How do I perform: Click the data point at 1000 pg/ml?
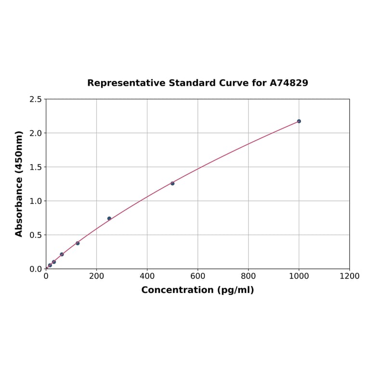(x=299, y=121)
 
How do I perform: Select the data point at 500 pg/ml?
(x=172, y=184)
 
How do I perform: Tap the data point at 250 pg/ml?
(x=109, y=219)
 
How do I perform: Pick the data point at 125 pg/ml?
(x=78, y=243)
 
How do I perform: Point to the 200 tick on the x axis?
(x=96, y=276)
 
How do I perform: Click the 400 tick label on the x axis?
(x=147, y=276)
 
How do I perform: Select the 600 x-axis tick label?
(x=197, y=276)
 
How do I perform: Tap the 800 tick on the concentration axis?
(x=248, y=276)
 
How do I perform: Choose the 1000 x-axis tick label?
(x=299, y=276)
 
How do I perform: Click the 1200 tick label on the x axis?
(x=349, y=276)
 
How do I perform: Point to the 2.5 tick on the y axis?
(x=36, y=99)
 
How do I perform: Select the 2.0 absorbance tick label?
(x=36, y=133)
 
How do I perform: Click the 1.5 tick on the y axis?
(x=36, y=167)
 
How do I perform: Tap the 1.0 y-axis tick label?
(x=36, y=201)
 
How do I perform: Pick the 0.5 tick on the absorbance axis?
(x=36, y=235)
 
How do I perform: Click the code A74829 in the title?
(x=289, y=83)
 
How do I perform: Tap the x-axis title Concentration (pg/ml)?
(x=197, y=290)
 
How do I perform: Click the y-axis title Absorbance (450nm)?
(x=19, y=184)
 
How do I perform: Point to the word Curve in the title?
(x=234, y=83)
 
